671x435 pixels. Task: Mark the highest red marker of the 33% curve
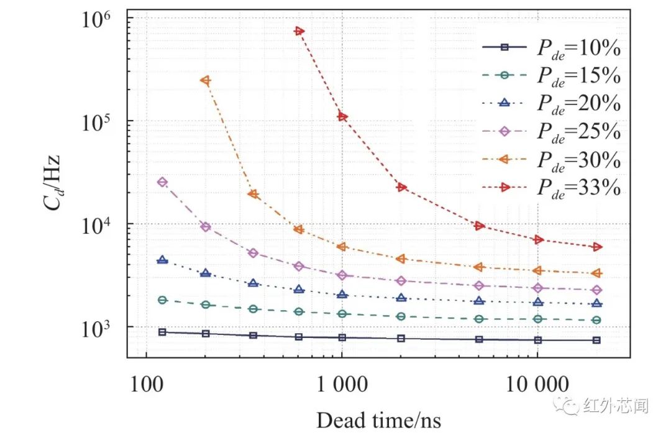click(299, 31)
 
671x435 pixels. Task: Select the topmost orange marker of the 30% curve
click(205, 80)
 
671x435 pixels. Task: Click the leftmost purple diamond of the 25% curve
click(162, 182)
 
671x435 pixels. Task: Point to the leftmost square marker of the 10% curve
click(162, 332)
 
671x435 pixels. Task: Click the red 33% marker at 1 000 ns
click(342, 117)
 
